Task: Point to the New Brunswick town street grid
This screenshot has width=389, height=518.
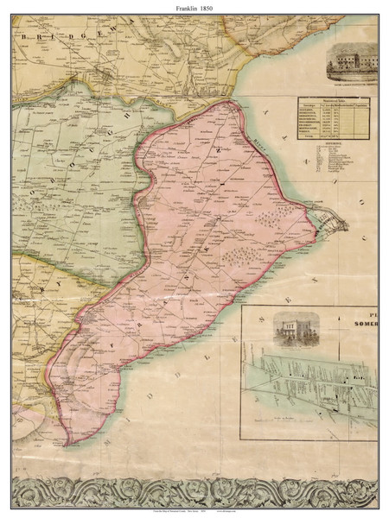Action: point(333,224)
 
